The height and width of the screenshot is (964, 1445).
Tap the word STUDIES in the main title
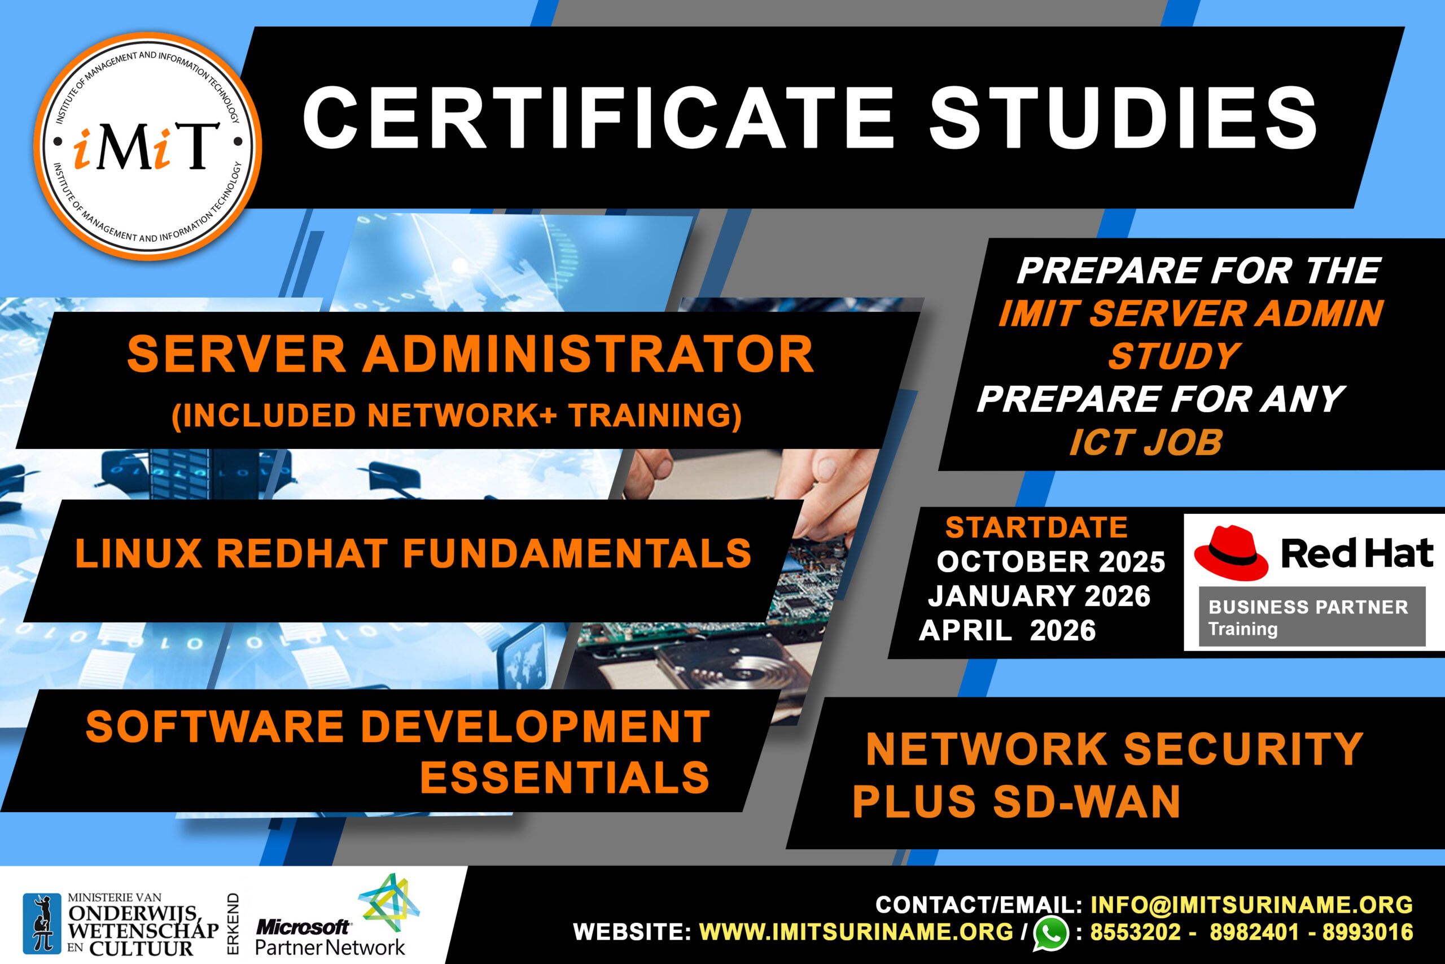pos(1123,117)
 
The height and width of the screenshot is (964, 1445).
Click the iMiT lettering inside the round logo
pos(146,146)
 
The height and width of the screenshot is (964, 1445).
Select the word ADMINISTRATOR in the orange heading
pos(589,354)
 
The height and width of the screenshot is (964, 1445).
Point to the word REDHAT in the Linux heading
pos(303,553)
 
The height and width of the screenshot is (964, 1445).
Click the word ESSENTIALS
pos(564,777)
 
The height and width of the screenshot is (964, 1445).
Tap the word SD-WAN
pos(1086,802)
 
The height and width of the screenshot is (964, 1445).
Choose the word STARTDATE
pos(1036,527)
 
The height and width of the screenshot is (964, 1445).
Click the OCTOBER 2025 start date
pos(1050,561)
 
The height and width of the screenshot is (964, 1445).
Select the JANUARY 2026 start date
pos(1040,596)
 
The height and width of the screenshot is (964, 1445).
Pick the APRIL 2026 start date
pos(1007,630)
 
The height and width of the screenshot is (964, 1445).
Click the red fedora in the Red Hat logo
pos(1231,553)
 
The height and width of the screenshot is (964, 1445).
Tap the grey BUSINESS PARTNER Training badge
pos(1312,617)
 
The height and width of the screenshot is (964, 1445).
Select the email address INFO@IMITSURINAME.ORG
pos(1251,905)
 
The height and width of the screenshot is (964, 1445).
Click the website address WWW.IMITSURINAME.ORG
pos(856,932)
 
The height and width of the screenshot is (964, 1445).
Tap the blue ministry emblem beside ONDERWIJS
pos(42,923)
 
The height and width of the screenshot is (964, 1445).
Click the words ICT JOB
pos(1146,443)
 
